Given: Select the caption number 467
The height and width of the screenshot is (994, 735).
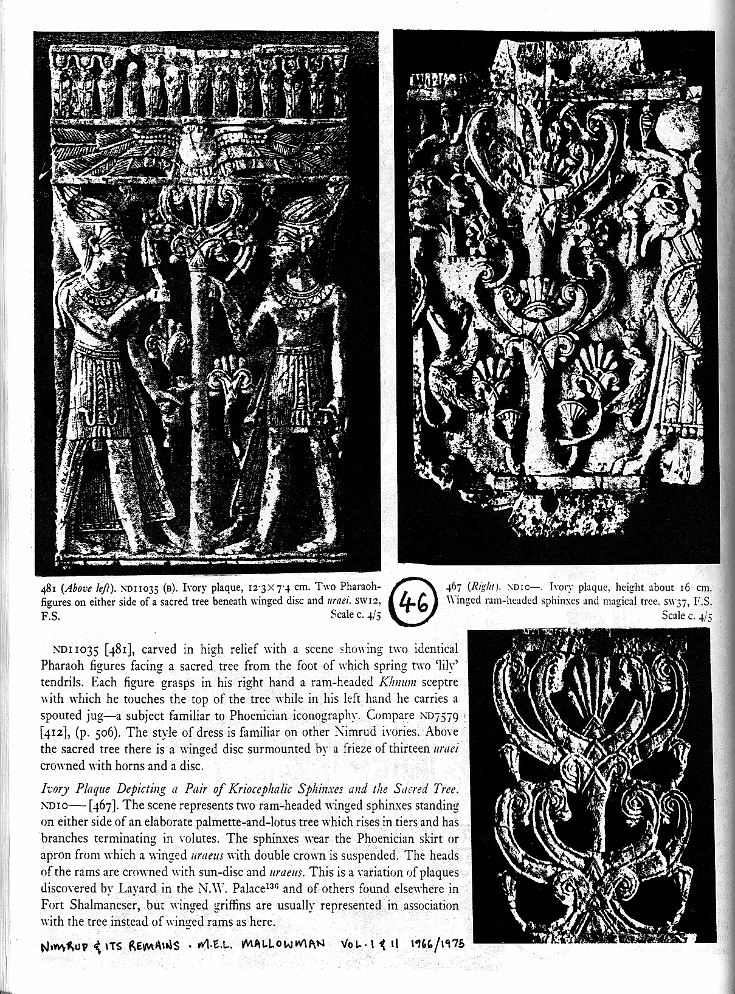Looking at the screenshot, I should pos(454,588).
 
